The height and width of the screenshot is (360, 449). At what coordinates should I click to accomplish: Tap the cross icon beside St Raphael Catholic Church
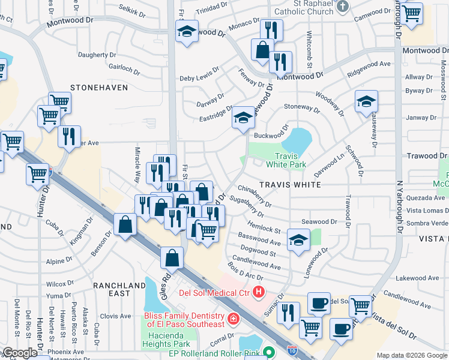tap(342, 7)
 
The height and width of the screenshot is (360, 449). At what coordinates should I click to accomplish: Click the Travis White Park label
tap(286, 160)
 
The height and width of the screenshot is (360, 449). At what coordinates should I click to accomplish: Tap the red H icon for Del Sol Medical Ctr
tap(259, 292)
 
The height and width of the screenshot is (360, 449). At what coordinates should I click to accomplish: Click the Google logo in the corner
tap(20, 353)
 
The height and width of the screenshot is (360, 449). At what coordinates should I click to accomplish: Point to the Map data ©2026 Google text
tap(412, 355)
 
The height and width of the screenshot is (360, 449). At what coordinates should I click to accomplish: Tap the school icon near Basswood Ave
tap(298, 241)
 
